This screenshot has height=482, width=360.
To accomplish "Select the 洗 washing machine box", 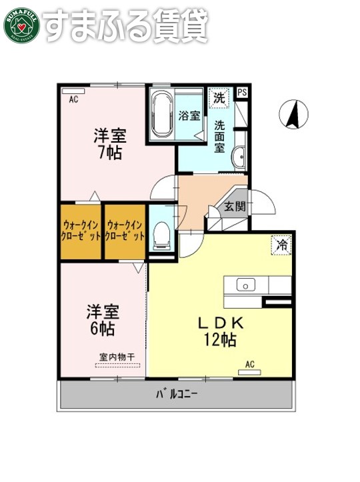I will click(218, 97).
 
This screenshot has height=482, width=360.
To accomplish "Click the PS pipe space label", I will click(242, 93).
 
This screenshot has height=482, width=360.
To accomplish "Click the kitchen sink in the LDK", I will click(246, 286).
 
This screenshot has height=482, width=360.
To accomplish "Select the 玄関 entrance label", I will click(234, 206).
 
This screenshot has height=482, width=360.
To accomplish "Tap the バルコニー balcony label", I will click(177, 394).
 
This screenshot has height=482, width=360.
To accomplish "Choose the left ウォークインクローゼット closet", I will click(81, 231).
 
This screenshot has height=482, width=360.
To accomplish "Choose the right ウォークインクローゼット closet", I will click(125, 231).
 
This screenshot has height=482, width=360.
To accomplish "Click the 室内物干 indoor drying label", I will click(117, 357).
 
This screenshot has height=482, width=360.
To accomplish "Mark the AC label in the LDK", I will click(250, 364).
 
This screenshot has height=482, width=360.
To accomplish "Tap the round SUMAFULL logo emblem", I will click(21, 24).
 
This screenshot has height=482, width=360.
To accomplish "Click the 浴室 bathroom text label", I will click(189, 115).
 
